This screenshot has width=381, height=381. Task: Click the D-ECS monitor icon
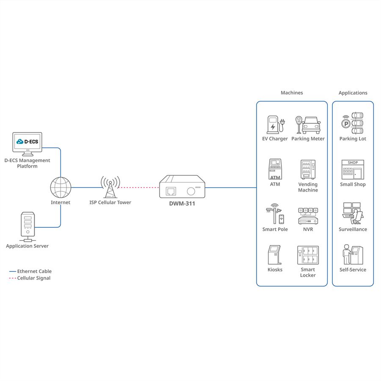[x=27, y=144]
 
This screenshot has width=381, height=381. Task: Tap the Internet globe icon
[x=61, y=188]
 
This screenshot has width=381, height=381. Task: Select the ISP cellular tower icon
[x=110, y=187]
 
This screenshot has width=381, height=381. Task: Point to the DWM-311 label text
[x=182, y=204]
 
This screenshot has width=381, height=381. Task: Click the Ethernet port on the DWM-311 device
[x=171, y=191]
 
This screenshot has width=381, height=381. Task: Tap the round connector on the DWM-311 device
[x=191, y=191]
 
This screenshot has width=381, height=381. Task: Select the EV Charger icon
[x=276, y=124]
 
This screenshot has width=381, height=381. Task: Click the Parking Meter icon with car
[x=308, y=125]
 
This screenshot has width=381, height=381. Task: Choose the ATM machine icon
[x=275, y=169]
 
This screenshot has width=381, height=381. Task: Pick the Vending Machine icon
[x=308, y=169]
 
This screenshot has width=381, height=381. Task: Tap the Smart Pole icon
[x=275, y=214]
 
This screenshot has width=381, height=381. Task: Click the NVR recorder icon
[x=308, y=216]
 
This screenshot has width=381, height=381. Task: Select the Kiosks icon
[x=275, y=255]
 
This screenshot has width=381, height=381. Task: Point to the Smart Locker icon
[x=308, y=255]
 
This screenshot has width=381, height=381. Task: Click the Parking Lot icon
[x=353, y=123]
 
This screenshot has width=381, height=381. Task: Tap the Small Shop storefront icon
[x=353, y=169]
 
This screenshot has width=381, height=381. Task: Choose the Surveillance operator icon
[x=353, y=213]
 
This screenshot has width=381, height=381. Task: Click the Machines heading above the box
[x=292, y=93]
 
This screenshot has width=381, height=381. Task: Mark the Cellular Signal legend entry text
[x=34, y=278]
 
